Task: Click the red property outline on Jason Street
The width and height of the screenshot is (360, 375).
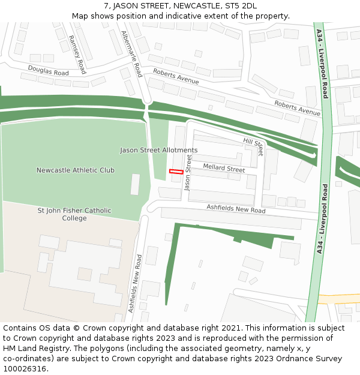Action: (x=176, y=172)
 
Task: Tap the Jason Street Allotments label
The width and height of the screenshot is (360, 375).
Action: (x=158, y=150)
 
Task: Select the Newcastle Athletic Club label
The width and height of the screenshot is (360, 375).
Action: (x=75, y=170)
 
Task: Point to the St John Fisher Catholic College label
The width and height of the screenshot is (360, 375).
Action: (x=74, y=214)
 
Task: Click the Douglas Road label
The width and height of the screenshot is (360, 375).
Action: (x=48, y=71)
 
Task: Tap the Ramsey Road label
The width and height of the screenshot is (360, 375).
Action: (x=77, y=54)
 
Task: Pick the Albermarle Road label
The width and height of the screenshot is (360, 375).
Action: (x=131, y=54)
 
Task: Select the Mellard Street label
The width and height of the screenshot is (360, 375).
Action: (x=224, y=169)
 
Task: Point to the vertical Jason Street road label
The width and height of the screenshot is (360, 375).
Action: (x=188, y=173)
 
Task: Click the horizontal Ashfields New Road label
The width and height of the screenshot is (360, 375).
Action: (x=236, y=209)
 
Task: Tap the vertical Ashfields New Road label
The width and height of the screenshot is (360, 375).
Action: (x=136, y=283)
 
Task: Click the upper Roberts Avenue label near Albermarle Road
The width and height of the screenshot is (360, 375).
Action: (x=176, y=76)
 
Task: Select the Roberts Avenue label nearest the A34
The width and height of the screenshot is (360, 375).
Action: (x=297, y=108)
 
